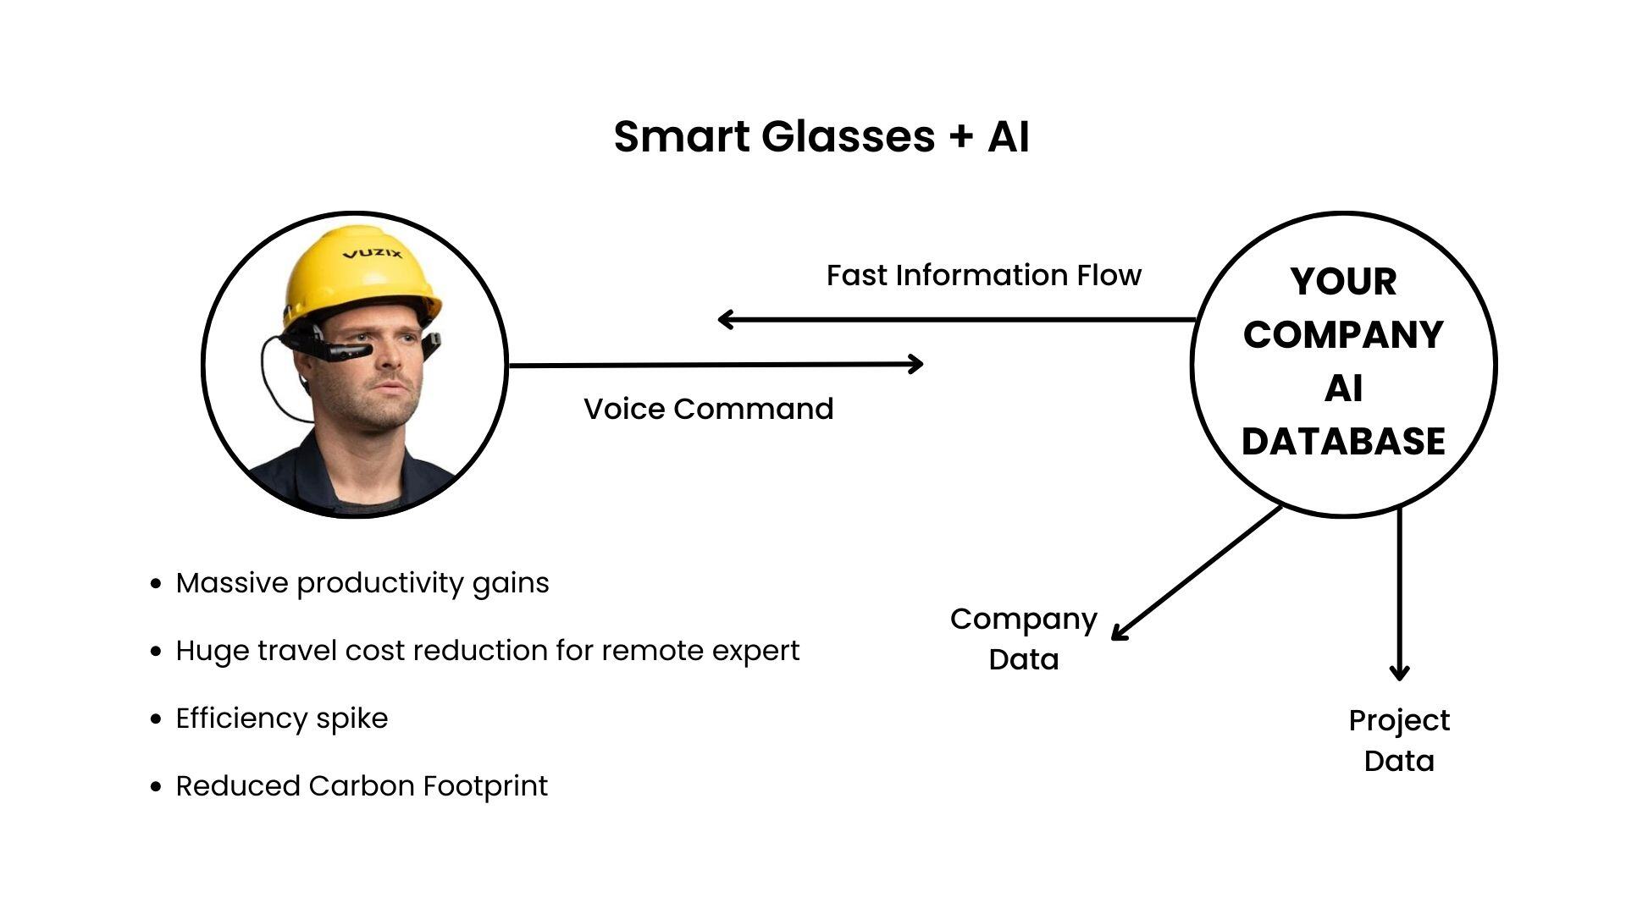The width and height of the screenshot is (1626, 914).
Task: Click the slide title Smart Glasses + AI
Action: [x=821, y=136]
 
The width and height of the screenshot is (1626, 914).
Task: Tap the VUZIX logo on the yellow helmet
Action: [x=373, y=253]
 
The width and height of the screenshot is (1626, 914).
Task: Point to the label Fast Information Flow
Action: [x=983, y=275]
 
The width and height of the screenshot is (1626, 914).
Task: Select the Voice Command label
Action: [x=708, y=409]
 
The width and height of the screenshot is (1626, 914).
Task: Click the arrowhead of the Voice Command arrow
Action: [x=917, y=364]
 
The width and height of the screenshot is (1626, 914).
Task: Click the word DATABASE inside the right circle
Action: [x=1343, y=441]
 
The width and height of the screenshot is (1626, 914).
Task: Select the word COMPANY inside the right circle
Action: [x=1343, y=334]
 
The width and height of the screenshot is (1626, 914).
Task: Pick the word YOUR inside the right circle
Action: [x=1343, y=282]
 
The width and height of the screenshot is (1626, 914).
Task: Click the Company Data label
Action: [x=1023, y=639]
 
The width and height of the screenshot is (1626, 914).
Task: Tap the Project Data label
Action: [x=1399, y=741]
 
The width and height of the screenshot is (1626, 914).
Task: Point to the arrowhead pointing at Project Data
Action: [x=1399, y=674]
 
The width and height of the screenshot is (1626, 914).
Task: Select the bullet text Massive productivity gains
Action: [x=362, y=583]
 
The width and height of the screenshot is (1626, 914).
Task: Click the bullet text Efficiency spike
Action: [x=281, y=719]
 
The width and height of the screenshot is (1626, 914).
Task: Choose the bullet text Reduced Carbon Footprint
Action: [x=362, y=786]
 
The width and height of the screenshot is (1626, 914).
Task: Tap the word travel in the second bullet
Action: [x=296, y=651]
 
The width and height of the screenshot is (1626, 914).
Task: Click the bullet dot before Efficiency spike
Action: [x=155, y=719]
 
